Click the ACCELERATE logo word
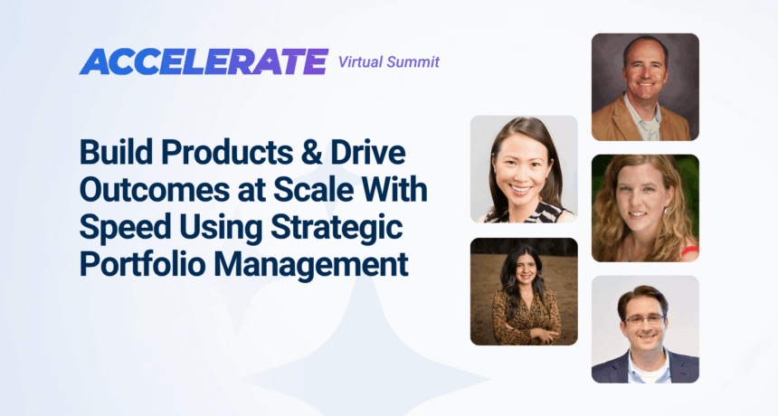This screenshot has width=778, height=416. point(204,61)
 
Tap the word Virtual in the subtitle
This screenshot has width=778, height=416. point(360,62)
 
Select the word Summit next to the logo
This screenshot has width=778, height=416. point(413,62)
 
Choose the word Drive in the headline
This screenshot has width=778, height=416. point(368,152)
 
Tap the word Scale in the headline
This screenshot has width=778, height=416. point(311,189)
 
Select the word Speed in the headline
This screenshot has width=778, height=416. point(121,227)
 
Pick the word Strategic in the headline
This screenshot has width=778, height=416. point(337,227)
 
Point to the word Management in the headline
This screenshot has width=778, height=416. point(311,265)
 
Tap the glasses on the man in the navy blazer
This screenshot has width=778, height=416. point(644,320)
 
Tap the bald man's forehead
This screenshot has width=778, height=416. point(645,55)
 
